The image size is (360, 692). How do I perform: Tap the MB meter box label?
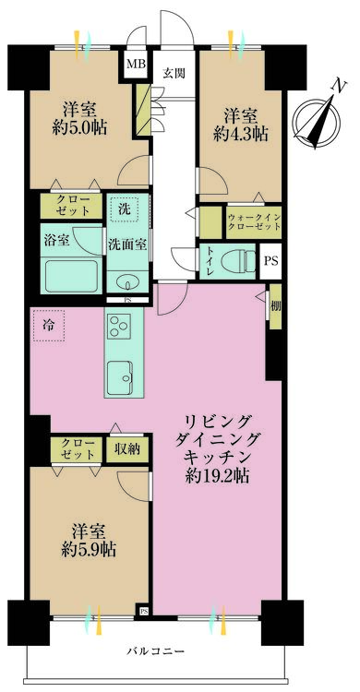[134, 64]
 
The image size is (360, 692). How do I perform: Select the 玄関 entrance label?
[174, 73]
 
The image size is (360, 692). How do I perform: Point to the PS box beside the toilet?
[270, 261]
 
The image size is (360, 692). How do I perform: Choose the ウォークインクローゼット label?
[254, 222]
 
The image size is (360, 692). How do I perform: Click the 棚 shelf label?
[276, 306]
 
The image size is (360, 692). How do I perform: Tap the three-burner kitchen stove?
[118, 327]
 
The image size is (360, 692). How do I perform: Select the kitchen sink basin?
[120, 376]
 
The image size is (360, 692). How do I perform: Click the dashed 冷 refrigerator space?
[48, 325]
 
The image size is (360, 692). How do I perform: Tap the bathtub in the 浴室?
[73, 276]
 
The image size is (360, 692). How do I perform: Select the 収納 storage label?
[127, 449]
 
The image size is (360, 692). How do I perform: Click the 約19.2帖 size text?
[217, 476]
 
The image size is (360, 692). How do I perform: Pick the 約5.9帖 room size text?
[90, 549]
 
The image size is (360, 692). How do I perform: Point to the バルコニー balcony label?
[155, 651]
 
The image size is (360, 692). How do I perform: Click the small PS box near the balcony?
[144, 611]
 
